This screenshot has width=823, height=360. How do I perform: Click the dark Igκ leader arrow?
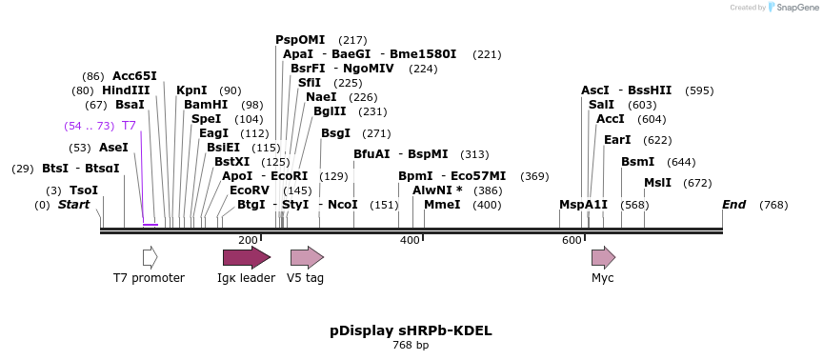pyautogui.click(x=246, y=257)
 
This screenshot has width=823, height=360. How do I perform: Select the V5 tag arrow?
pyautogui.click(x=307, y=257)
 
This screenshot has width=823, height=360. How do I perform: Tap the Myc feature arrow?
pyautogui.click(x=603, y=257)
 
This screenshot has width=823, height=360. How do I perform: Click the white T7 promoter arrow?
pyautogui.click(x=150, y=257)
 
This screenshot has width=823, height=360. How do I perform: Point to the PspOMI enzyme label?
pyautogui.click(x=300, y=40)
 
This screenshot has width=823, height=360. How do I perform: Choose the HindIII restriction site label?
pyautogui.click(x=126, y=90)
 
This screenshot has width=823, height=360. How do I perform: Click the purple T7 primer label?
pyautogui.click(x=129, y=126)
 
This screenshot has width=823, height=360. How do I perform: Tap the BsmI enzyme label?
pyautogui.click(x=638, y=162)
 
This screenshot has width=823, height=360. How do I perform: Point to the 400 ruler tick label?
pyautogui.click(x=410, y=240)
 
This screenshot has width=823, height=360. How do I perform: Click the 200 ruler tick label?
pyautogui.click(x=248, y=240)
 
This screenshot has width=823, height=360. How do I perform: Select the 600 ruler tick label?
pyautogui.click(x=572, y=240)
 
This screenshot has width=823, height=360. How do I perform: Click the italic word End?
pyautogui.click(x=733, y=205)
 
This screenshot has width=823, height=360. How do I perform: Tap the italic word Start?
pyautogui.click(x=73, y=205)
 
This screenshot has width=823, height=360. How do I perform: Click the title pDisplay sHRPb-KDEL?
pyautogui.click(x=411, y=330)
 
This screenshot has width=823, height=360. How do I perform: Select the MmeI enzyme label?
pyautogui.click(x=442, y=205)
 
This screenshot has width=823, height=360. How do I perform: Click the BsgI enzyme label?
pyautogui.click(x=335, y=133)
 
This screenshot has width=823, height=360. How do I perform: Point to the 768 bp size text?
pyautogui.click(x=411, y=345)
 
